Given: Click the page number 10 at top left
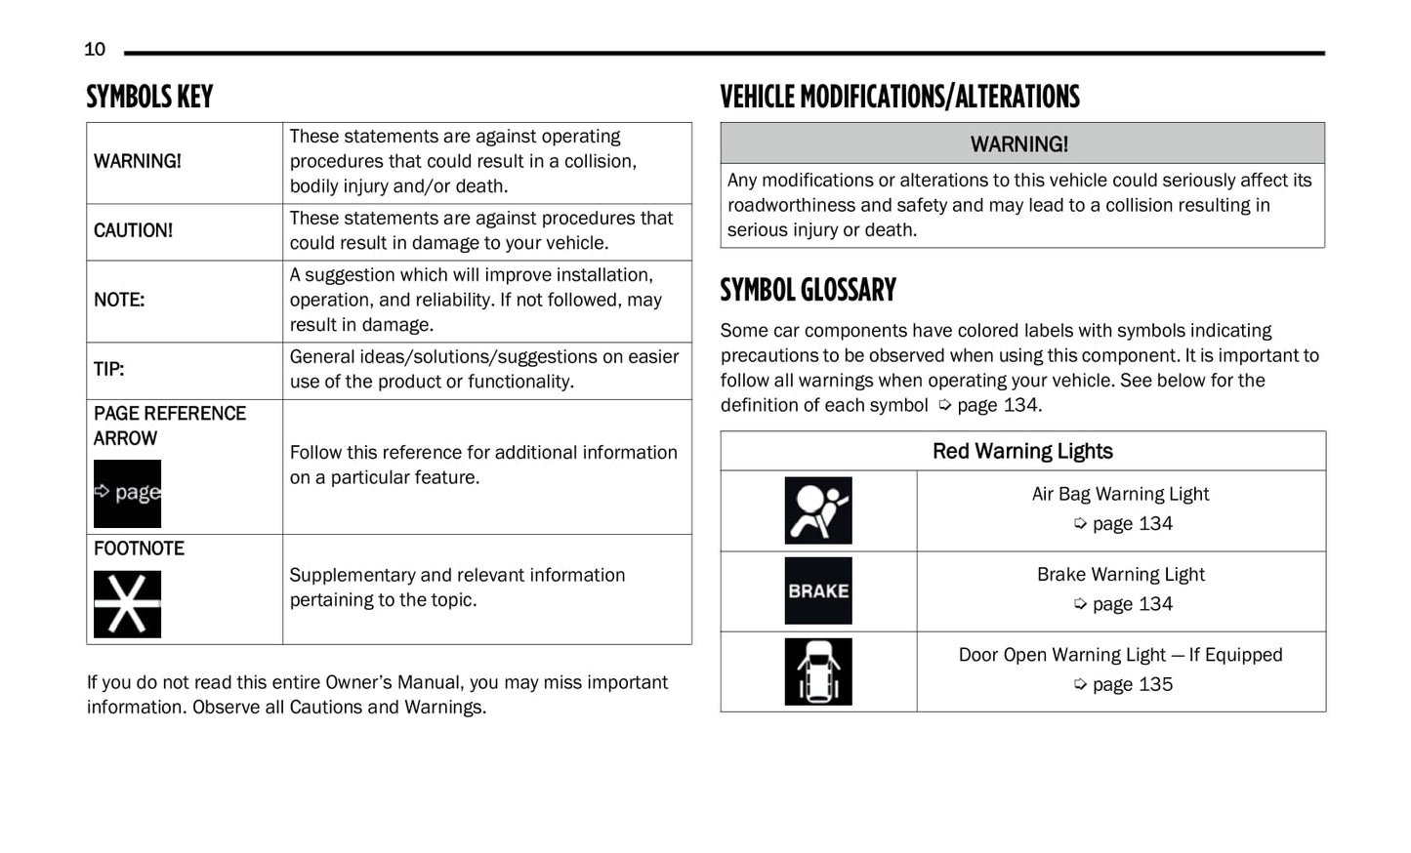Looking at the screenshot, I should click(x=95, y=50).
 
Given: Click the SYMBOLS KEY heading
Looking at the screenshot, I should click(x=149, y=97).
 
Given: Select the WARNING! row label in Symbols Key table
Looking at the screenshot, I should click(x=138, y=161).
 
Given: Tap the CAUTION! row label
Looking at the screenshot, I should click(x=133, y=230).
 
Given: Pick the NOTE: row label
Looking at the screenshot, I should click(x=119, y=300).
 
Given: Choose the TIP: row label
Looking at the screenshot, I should click(x=109, y=369).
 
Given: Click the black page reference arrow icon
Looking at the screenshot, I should click(x=127, y=493).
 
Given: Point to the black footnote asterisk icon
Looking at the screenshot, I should click(x=127, y=604).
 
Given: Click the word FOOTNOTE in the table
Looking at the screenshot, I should click(x=139, y=548).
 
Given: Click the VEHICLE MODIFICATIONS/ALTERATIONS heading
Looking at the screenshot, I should click(x=899, y=97).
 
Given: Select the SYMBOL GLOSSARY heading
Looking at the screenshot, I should click(x=808, y=290).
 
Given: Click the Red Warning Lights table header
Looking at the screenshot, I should click(x=1022, y=451).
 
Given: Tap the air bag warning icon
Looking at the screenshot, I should click(x=818, y=510).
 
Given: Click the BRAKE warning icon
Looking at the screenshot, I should click(x=818, y=590).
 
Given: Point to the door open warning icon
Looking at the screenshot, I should click(x=818, y=671).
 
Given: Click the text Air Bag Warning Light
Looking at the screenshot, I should click(x=1120, y=494).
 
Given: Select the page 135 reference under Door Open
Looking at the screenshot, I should click(x=1132, y=684).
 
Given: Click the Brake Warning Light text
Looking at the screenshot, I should click(x=1120, y=574).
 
